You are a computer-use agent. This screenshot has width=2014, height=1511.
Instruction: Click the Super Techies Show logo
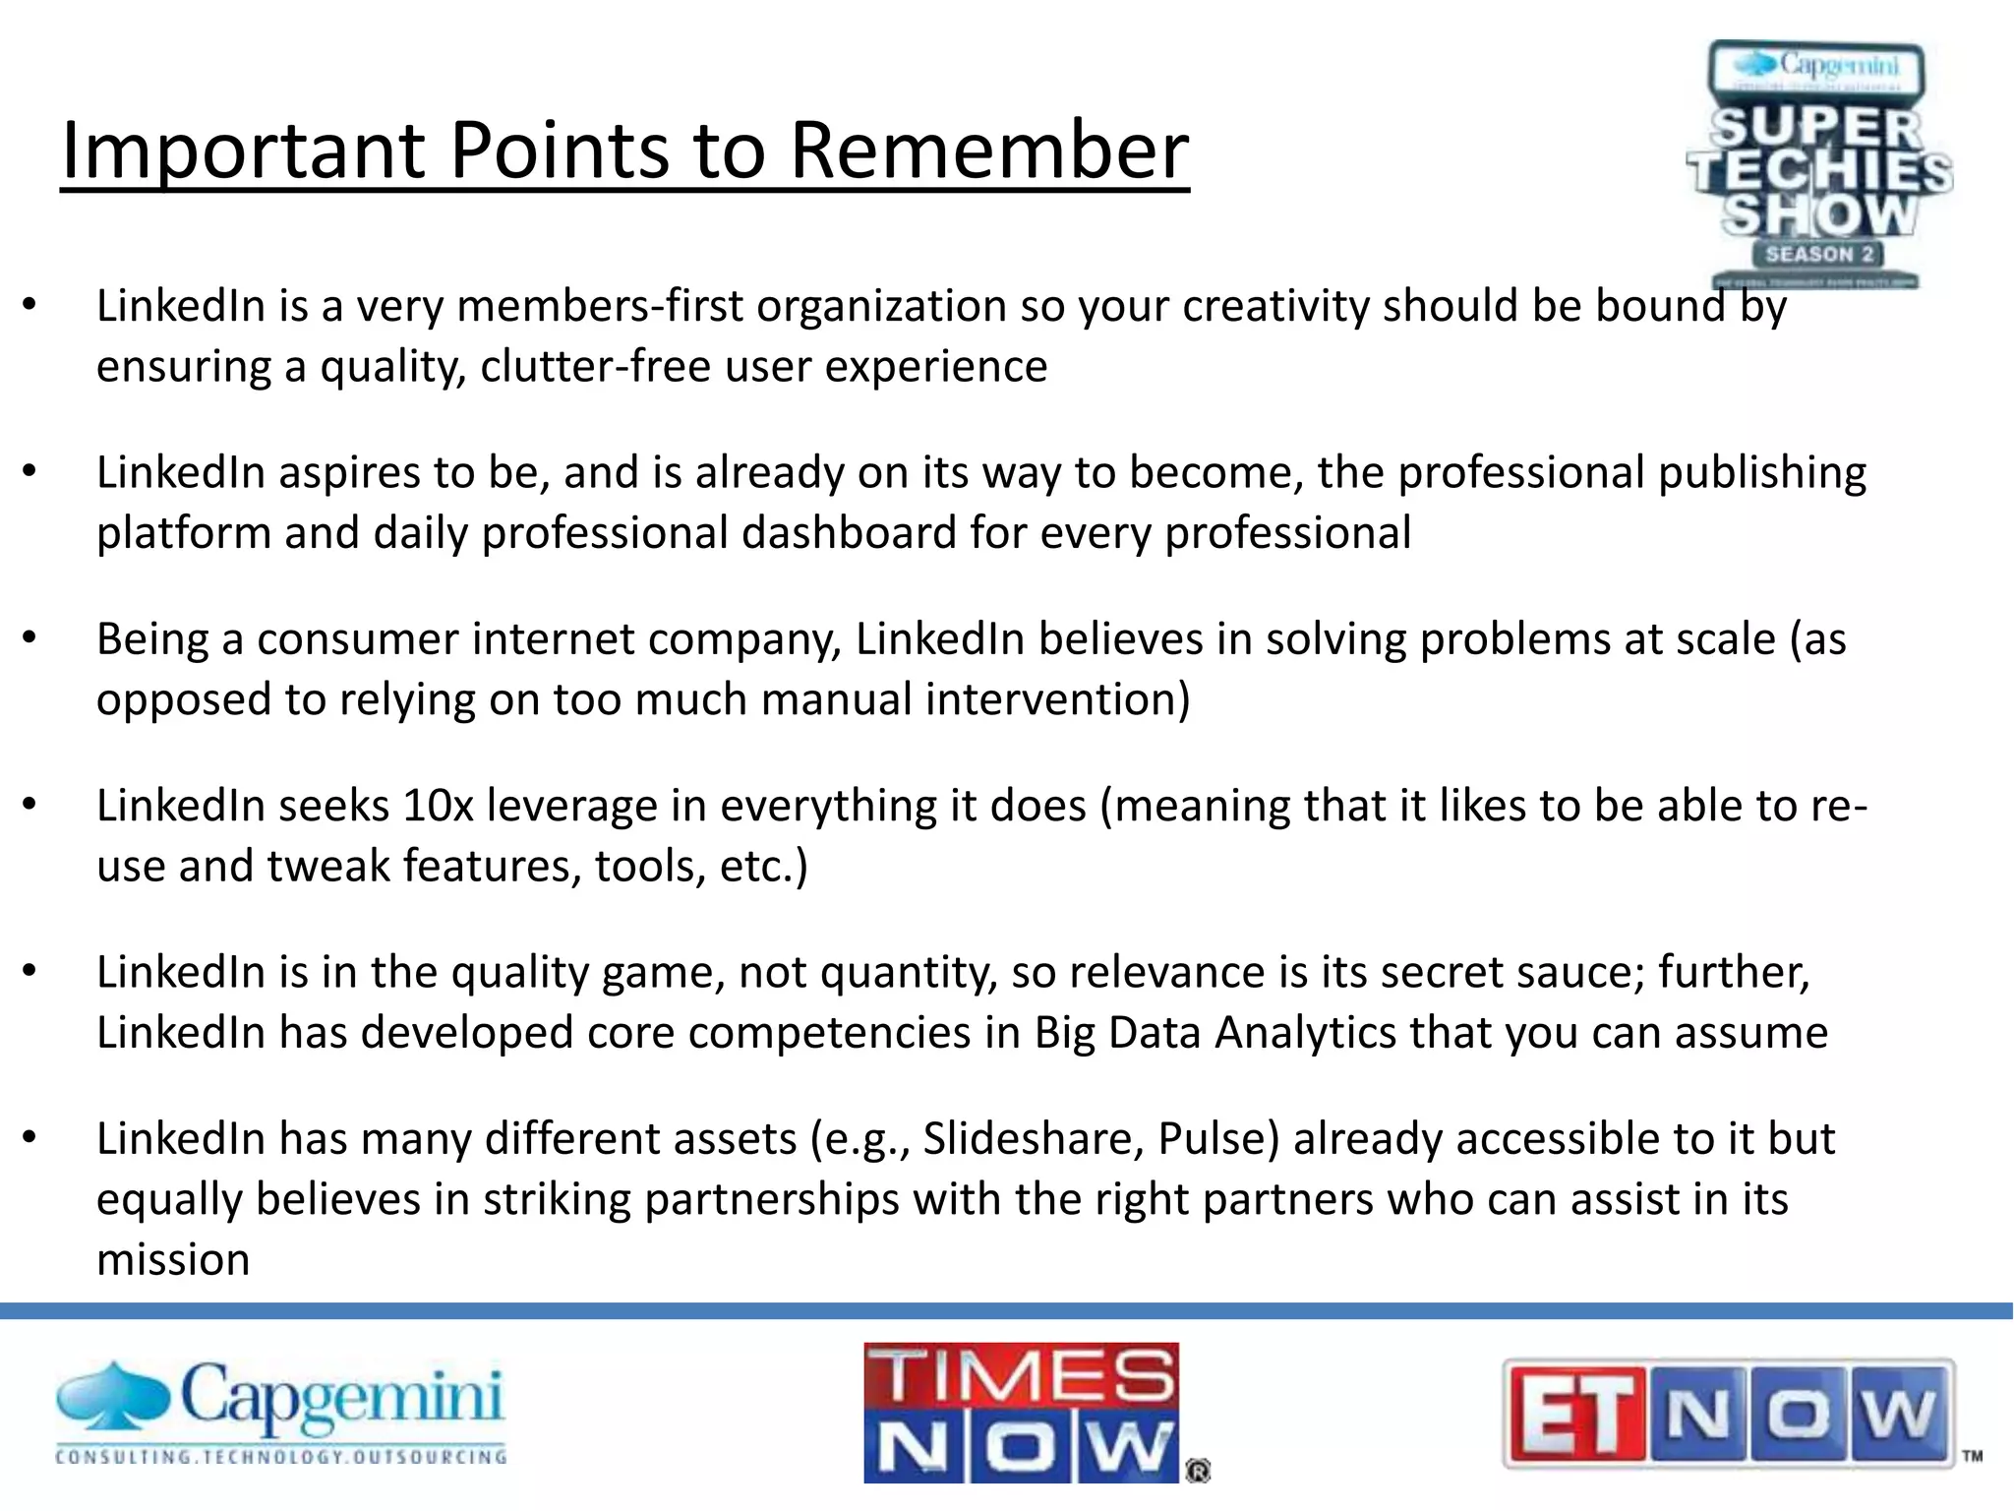[1819, 164]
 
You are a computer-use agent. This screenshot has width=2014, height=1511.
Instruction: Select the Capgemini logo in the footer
[281, 1413]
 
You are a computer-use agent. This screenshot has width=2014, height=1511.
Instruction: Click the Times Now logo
[1023, 1413]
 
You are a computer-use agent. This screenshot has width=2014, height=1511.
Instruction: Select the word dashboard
[848, 533]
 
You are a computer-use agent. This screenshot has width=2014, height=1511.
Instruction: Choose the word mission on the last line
[173, 1260]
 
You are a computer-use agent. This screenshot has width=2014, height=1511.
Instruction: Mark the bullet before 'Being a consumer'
[30, 639]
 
